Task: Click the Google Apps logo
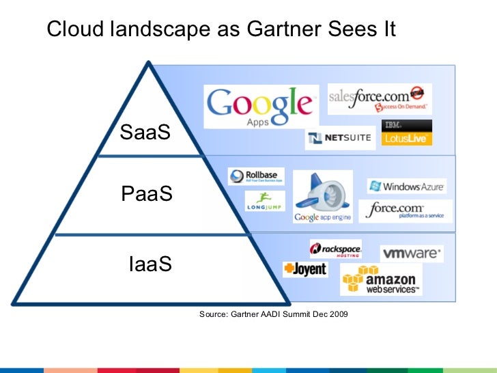pos(261,107)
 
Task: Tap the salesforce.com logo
pos(379,98)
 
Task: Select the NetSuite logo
pos(340,138)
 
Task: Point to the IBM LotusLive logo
pos(407,133)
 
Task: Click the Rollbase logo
pos(256,176)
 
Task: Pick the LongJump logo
pos(265,200)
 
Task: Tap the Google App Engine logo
pos(322,197)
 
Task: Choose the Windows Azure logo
pos(407,186)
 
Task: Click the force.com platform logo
pos(406,211)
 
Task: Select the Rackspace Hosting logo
pos(335,249)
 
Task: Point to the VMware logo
pos(411,253)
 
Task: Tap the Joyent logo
pos(305,269)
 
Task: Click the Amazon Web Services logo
pos(380,280)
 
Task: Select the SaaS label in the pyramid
pos(145,133)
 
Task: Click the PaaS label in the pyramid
pos(146,195)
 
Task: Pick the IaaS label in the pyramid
pos(150,263)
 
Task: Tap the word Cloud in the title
pos(72,29)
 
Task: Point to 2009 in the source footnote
pos(339,314)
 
